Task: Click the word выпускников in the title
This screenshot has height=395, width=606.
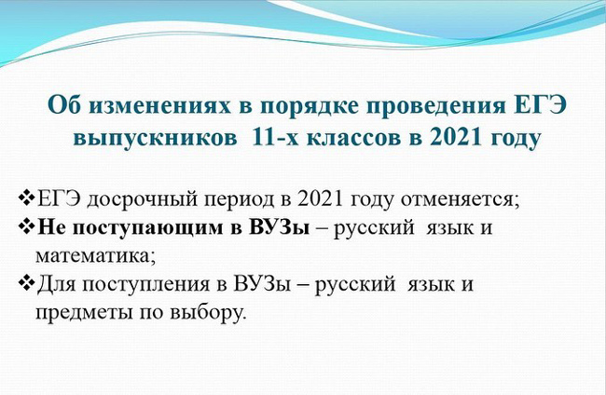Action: point(156,139)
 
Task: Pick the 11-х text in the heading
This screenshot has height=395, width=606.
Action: point(275,137)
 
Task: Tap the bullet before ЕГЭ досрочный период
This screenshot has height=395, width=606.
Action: point(26,198)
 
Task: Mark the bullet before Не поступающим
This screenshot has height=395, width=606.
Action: point(26,226)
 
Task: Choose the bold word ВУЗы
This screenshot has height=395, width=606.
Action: point(279,227)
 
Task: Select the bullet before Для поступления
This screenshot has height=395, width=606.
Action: point(26,283)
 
